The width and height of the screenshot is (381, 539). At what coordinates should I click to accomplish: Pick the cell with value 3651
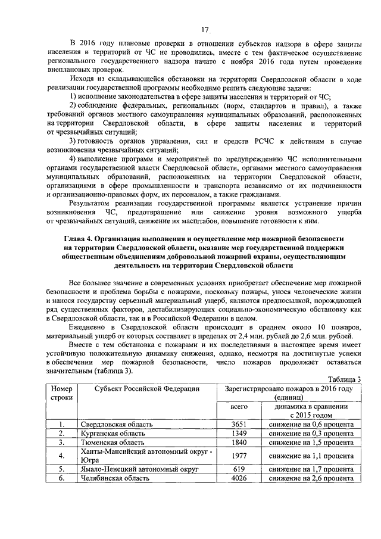(x=239, y=424)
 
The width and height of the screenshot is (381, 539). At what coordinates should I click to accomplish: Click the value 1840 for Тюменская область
(x=239, y=443)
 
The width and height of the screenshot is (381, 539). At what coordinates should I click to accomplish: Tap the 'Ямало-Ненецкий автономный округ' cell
(x=139, y=469)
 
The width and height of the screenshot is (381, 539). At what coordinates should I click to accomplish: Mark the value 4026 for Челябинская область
(x=239, y=479)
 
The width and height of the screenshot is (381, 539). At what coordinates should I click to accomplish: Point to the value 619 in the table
(x=239, y=469)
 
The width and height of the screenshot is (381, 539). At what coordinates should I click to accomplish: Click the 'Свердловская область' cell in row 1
(x=117, y=424)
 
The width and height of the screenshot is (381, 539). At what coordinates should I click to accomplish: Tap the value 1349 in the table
(x=239, y=434)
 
